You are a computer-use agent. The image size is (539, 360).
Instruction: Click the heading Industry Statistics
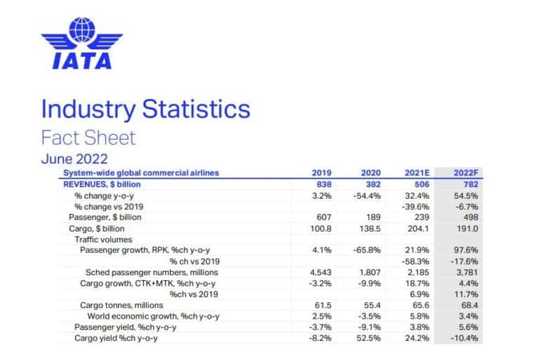(145, 109)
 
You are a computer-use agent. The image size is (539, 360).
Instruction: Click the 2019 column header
(322, 172)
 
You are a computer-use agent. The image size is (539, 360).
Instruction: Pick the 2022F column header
(455, 172)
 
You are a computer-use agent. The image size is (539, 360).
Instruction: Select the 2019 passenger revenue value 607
(324, 217)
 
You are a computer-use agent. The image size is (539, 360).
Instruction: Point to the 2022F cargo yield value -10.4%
(455, 338)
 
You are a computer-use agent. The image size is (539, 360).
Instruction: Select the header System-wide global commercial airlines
(140, 172)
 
